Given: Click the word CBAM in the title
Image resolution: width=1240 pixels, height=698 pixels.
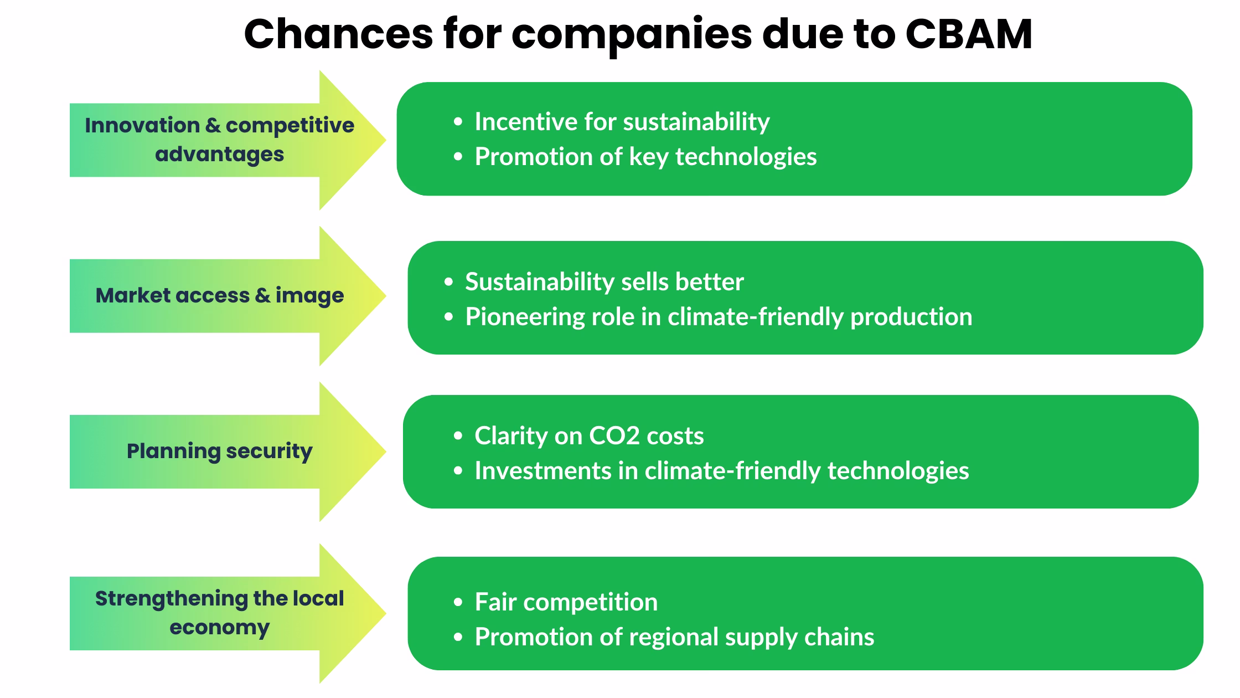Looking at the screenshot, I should (968, 34).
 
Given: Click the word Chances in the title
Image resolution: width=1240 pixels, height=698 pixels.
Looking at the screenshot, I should (338, 34).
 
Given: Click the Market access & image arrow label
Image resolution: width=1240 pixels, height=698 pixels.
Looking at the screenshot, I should (219, 295).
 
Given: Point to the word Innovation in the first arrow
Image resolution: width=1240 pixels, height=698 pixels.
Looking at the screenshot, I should (142, 125).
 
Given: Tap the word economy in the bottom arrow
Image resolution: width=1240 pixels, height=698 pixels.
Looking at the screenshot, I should (219, 627).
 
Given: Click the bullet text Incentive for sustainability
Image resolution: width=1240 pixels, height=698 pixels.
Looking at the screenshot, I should (622, 122).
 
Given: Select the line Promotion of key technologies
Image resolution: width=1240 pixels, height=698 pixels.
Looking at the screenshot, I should (645, 157).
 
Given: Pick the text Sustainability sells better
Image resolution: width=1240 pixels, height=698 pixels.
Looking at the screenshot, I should (604, 282).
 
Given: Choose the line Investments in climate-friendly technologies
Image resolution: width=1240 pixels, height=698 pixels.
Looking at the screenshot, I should (721, 471).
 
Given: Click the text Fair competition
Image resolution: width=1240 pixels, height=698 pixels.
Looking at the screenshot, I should (566, 602).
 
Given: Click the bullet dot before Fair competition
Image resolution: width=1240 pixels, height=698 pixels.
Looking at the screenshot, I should (457, 603).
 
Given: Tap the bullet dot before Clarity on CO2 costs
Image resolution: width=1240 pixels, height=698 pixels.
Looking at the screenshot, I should (457, 437).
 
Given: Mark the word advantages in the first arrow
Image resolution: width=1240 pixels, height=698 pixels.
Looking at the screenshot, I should (219, 154).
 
